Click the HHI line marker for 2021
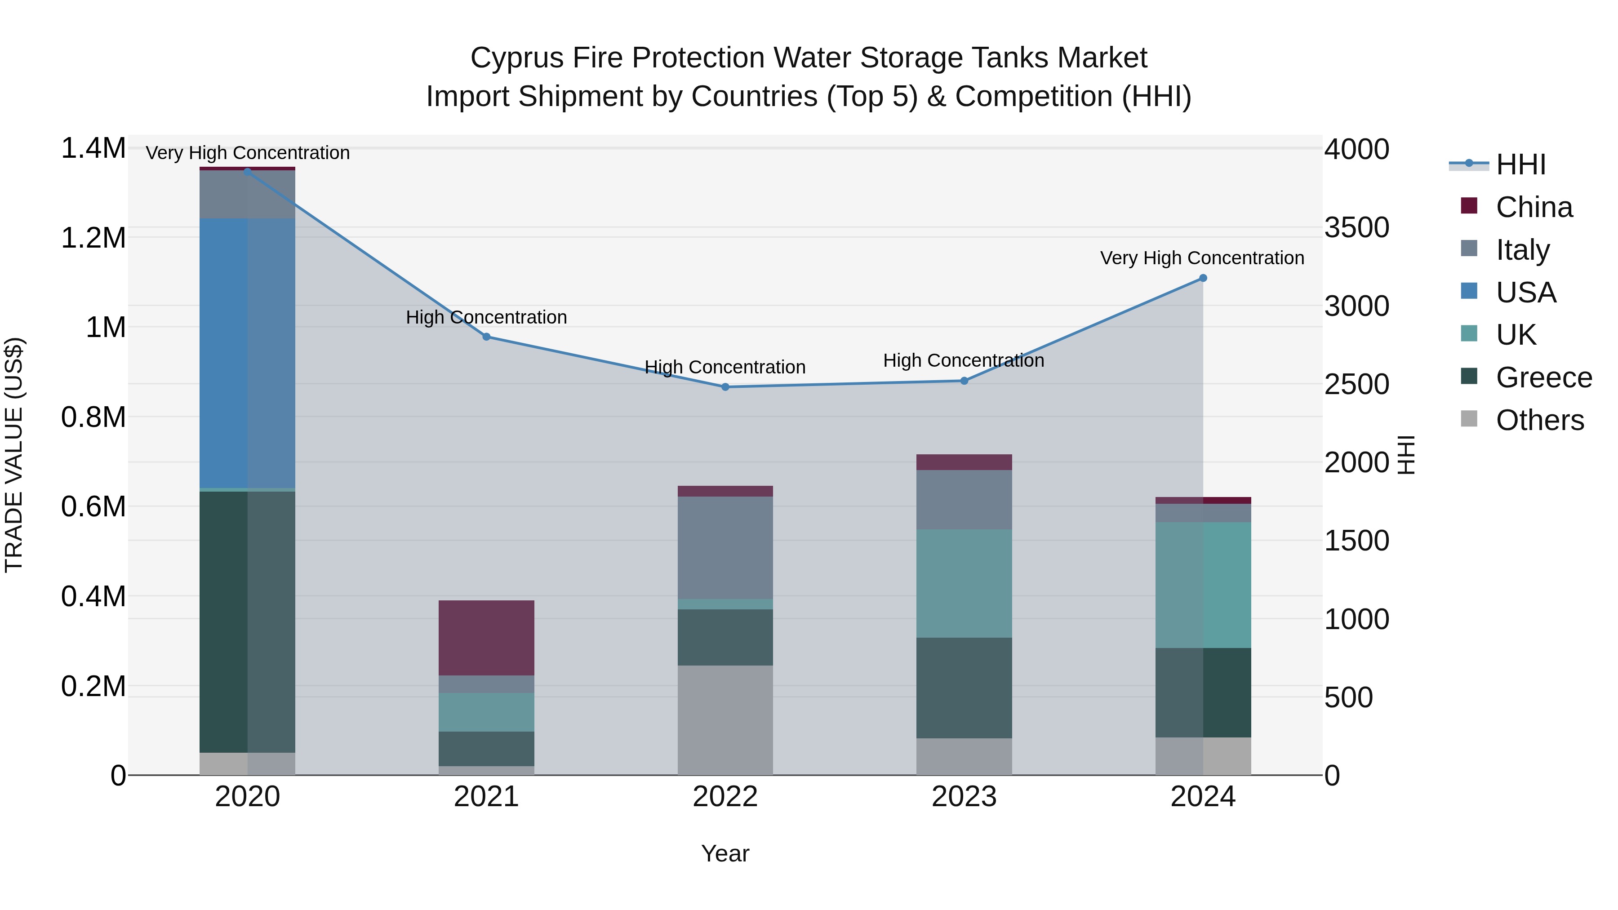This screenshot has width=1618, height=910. coord(486,337)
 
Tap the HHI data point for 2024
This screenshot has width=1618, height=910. coord(1203,278)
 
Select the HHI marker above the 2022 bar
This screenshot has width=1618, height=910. coord(725,387)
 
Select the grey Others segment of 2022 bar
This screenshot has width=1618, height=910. coord(725,720)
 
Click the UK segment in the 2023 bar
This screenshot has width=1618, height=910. coord(964,583)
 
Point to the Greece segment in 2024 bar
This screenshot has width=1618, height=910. coord(1203,692)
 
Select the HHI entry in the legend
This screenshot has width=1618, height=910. coord(1520,164)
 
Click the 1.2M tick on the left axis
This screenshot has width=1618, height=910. coord(93,238)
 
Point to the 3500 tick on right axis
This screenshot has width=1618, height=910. coord(1357,227)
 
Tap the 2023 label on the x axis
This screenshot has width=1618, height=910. coord(964,797)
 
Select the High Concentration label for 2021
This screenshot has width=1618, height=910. coord(486,317)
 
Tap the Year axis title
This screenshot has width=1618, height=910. coord(725,853)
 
